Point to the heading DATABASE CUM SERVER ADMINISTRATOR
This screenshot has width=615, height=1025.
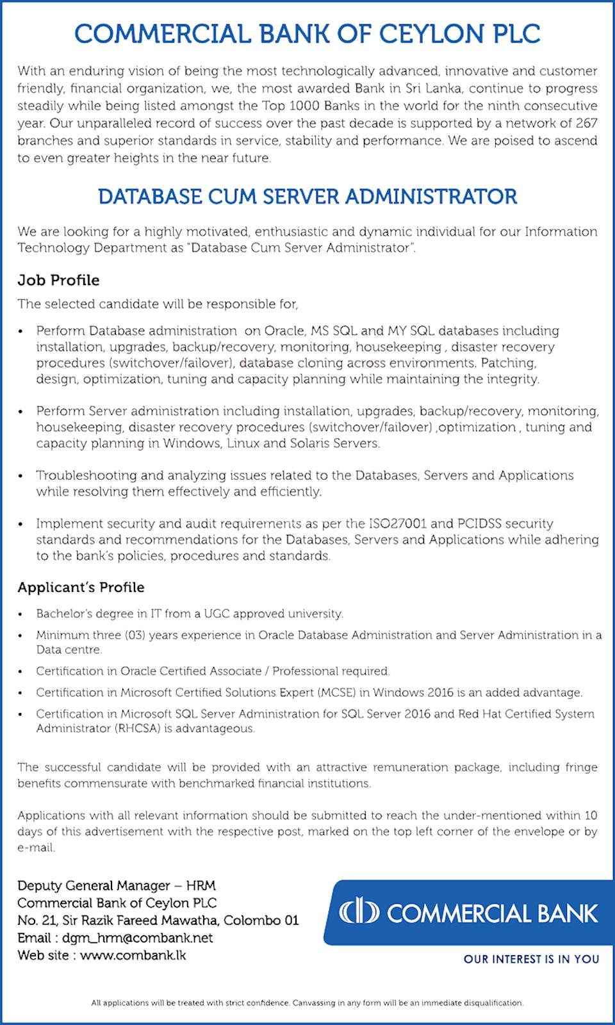click(x=307, y=197)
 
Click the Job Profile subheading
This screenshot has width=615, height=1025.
click(x=58, y=281)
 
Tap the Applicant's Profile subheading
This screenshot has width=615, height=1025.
click(x=81, y=587)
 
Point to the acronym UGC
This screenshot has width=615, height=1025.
click(x=217, y=614)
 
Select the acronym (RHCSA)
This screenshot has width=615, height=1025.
click(x=137, y=728)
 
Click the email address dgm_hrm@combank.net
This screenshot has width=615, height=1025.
click(x=137, y=938)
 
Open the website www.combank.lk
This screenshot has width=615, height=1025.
click(x=133, y=955)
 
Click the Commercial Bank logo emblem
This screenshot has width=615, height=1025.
click(x=359, y=912)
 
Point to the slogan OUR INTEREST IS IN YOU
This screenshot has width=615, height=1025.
click(x=531, y=959)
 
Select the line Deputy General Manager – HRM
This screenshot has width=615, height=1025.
click(x=117, y=886)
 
